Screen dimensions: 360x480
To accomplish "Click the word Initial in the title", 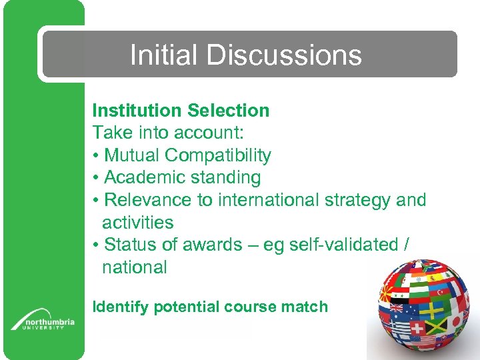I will pos(164,55).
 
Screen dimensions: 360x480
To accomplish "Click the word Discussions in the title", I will pos(284,55).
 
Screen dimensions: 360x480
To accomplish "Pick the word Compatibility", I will pos(218,155).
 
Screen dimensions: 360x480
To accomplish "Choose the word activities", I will pos(137,223).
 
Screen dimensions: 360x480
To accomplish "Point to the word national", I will pos(134,267).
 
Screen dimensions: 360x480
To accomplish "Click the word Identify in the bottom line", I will pos(121,307).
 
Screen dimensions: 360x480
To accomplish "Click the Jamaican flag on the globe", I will pos(437,327).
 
